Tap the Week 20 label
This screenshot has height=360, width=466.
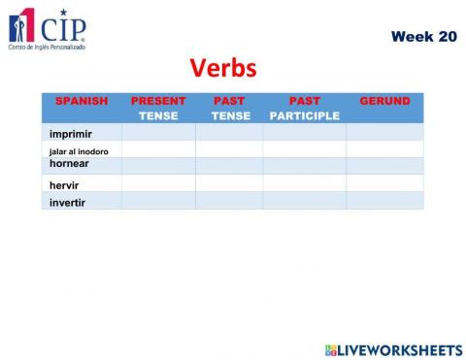point(423,36)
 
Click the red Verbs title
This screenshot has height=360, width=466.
point(223,68)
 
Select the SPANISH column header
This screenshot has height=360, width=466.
point(82,101)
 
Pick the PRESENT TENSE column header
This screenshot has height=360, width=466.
point(158,108)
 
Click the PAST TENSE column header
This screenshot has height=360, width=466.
point(229,108)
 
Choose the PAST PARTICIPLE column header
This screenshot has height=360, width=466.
point(304,108)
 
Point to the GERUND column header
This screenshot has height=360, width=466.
point(384,101)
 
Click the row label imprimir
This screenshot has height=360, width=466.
point(70,133)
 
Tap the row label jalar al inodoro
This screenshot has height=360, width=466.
point(79,151)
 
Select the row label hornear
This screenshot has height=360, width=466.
point(69,164)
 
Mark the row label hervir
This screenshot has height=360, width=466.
point(63,184)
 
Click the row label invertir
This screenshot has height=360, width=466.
point(68,202)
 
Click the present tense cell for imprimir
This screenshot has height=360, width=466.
point(158,133)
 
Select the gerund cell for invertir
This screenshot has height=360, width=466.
point(384,201)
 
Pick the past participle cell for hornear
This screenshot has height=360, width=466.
point(304,166)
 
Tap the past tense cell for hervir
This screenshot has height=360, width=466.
point(229,183)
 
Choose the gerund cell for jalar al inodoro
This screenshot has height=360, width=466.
point(384,149)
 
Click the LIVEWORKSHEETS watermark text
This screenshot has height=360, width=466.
point(400,348)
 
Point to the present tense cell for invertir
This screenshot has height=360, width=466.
point(158,201)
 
